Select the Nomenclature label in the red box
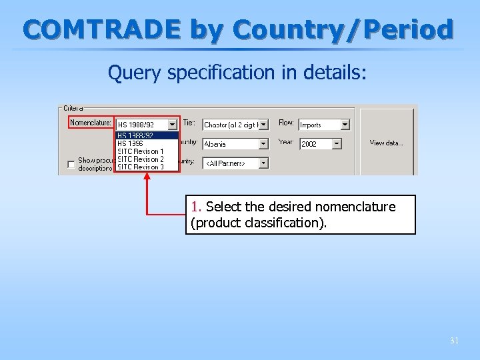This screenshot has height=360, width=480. pos(91,123)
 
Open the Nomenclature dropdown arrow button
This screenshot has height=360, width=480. pos(172,125)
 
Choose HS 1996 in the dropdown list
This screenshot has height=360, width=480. pos(130,143)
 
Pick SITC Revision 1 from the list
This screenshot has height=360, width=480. pos(140,151)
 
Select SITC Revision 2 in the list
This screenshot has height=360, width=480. pos(140,159)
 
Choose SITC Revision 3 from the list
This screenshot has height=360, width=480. pos(140,167)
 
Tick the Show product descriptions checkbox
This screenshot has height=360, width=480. pos(71,165)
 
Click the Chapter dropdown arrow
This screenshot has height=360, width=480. pos(263,125)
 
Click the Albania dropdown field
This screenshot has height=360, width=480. pos(230,144)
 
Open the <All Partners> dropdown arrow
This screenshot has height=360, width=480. pos(263,163)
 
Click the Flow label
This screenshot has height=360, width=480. pos(286,123)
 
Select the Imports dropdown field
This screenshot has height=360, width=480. pos(319,125)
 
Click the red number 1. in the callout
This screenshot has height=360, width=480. pos(197,207)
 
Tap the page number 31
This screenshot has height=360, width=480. pos(454,341)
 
